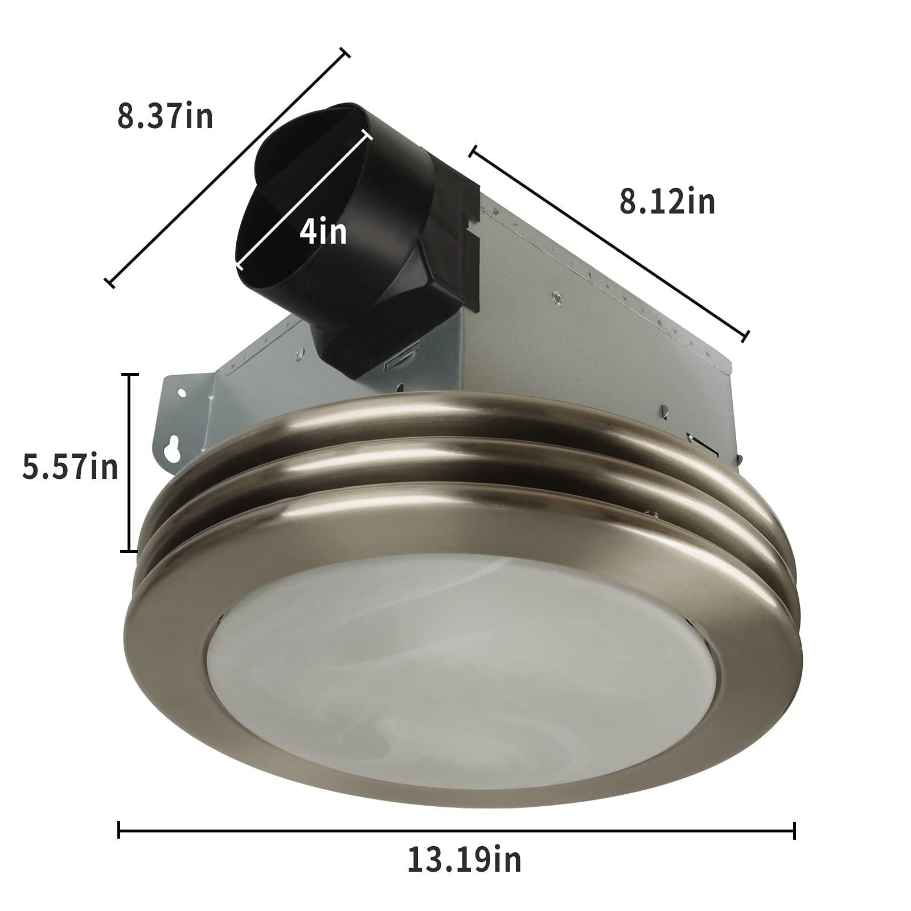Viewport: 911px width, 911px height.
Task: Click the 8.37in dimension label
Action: (x=165, y=117)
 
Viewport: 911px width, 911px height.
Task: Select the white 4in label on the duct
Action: (x=323, y=232)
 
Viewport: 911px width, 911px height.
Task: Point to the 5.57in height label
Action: (x=70, y=467)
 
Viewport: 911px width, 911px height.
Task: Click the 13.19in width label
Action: (x=464, y=860)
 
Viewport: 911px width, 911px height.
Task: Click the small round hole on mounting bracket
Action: (x=182, y=393)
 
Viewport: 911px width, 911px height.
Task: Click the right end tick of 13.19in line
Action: (x=794, y=831)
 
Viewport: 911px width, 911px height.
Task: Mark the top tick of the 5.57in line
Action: (x=130, y=375)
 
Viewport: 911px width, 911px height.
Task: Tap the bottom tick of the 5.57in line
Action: (x=130, y=551)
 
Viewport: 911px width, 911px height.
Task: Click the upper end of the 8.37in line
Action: (x=344, y=54)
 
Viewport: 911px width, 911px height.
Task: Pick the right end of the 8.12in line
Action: (x=745, y=337)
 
